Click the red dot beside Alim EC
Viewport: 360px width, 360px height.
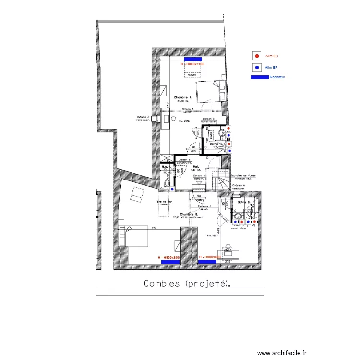(x=257, y=56)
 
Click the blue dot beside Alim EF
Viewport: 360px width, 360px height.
(x=257, y=67)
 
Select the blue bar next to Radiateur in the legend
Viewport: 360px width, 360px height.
(x=259, y=77)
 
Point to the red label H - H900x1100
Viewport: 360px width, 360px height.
(x=192, y=64)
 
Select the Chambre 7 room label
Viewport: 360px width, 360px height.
(x=183, y=98)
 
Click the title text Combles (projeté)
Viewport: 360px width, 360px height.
(x=187, y=284)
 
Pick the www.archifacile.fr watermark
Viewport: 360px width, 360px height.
(x=281, y=352)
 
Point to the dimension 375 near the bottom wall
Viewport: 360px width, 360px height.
(x=228, y=262)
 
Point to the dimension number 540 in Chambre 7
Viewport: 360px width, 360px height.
(x=168, y=106)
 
